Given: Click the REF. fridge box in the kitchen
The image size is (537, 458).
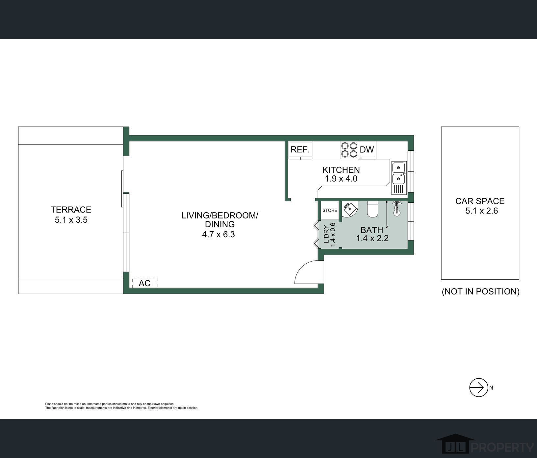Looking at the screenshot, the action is [300, 150].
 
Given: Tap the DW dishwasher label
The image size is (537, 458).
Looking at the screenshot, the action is [367, 150].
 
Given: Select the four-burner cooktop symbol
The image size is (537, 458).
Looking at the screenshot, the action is [349, 150].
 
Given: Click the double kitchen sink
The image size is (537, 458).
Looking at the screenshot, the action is [398, 178].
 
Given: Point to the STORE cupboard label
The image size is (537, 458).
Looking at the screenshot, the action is [330, 210].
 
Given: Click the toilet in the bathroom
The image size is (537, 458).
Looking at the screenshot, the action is [373, 210].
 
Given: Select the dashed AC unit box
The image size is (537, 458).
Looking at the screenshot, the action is [145, 283].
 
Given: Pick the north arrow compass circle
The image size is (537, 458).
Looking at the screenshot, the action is [478, 388].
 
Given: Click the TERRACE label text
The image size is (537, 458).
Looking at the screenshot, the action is [71, 210].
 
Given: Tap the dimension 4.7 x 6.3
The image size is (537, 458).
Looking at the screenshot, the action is [218, 235].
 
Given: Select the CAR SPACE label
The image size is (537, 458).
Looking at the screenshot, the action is [480, 201].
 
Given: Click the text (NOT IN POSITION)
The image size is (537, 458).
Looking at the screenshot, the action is [480, 292].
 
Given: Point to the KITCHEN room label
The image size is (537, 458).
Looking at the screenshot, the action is [341, 170].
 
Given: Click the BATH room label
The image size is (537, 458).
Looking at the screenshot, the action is [372, 230].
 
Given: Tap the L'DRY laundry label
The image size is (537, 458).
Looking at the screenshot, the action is [326, 234].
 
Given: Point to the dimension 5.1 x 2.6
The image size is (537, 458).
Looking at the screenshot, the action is [481, 211].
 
